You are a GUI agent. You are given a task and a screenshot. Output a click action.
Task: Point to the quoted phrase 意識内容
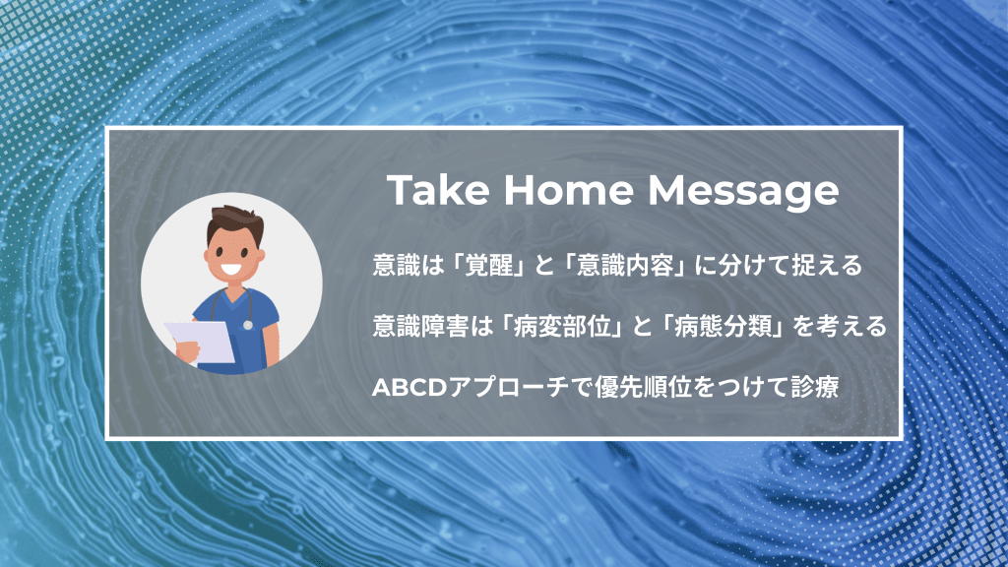tap(624, 265)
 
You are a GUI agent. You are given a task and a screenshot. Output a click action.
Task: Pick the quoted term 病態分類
tap(722, 327)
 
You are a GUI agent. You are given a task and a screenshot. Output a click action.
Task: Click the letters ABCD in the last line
tap(409, 388)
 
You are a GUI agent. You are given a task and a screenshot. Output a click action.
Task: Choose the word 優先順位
tap(643, 388)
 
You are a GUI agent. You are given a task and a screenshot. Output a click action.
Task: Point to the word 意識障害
tap(420, 327)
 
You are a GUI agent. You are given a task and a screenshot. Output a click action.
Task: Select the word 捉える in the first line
tap(827, 265)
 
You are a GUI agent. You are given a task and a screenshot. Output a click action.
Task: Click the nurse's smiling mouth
tap(231, 270)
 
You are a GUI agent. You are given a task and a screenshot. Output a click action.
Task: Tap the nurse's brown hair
tap(235, 222)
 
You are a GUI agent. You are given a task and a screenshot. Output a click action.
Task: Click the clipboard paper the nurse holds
tap(201, 342)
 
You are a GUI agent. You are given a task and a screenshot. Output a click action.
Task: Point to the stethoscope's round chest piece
tap(247, 325)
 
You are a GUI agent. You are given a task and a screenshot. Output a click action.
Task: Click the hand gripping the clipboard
tap(188, 351)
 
